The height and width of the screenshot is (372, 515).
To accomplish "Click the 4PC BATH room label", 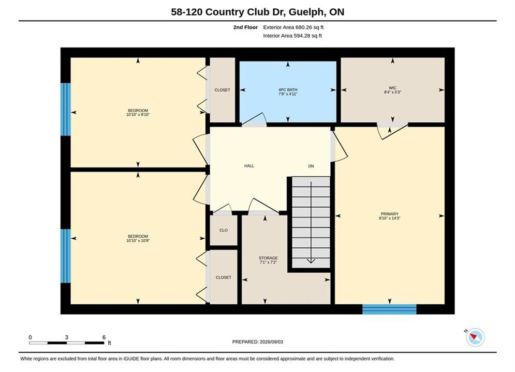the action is click(288, 89).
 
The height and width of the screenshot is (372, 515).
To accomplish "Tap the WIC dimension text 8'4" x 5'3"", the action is click(392, 92).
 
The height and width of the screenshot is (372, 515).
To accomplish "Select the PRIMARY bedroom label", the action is click(390, 214).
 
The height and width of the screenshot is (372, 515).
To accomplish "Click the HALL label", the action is click(249, 166).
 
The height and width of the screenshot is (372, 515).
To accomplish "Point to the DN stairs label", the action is click(311, 166).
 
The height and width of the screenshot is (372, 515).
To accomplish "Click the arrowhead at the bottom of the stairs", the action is click(311, 261).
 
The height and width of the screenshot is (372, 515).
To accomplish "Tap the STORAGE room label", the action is click(268, 258).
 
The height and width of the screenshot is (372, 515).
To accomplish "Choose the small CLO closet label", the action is click(224, 230).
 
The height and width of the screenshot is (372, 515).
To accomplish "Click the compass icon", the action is click(475, 337).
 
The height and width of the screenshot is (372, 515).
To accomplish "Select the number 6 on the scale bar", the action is click(104, 337).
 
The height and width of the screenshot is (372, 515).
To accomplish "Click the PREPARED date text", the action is click(258, 342).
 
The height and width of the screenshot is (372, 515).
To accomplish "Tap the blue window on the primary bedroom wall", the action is click(389, 309).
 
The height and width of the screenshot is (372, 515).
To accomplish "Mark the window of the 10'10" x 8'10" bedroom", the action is click(66, 109).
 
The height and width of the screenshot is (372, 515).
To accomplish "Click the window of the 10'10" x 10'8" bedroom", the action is click(66, 256).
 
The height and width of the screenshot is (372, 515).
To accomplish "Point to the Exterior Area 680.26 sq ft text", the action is click(293, 27).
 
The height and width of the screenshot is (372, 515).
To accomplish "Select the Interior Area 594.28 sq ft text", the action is click(292, 36).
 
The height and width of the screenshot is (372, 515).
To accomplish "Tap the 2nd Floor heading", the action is click(245, 27).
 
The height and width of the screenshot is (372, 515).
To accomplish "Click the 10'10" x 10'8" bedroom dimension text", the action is click(138, 241).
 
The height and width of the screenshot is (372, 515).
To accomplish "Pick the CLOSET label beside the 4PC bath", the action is click(223, 90).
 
